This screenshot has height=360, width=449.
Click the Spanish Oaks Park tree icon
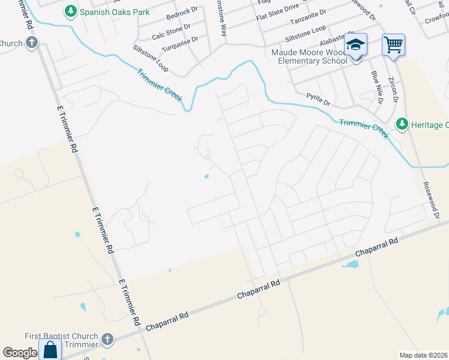click(x=71, y=11)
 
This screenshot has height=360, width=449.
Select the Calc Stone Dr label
click(x=171, y=32)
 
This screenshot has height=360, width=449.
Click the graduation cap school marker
click(x=355, y=45)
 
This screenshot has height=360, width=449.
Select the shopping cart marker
click(x=393, y=44)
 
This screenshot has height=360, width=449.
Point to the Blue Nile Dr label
click(x=376, y=87)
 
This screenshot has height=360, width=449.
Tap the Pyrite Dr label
click(x=318, y=99)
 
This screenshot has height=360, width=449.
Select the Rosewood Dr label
click(x=432, y=200)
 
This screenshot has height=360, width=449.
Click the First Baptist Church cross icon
click(x=107, y=340)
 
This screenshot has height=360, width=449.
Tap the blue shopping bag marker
click(x=50, y=349)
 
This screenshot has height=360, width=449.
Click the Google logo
click(x=20, y=353)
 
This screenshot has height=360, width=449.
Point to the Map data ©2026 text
click(x=423, y=355)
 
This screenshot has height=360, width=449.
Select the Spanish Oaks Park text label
click(x=115, y=11)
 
